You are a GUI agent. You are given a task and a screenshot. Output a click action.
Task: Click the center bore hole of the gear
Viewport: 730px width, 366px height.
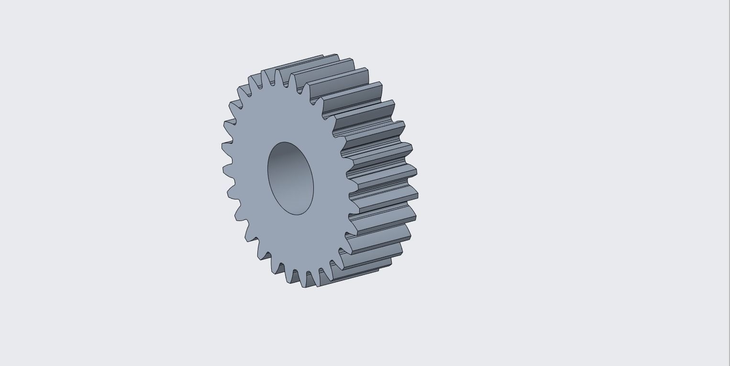(x=290, y=178)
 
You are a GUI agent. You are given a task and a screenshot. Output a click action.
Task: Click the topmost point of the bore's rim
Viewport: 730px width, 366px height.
(x=285, y=142)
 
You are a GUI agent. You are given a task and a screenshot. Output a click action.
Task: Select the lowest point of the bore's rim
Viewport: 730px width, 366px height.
(x=298, y=215)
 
